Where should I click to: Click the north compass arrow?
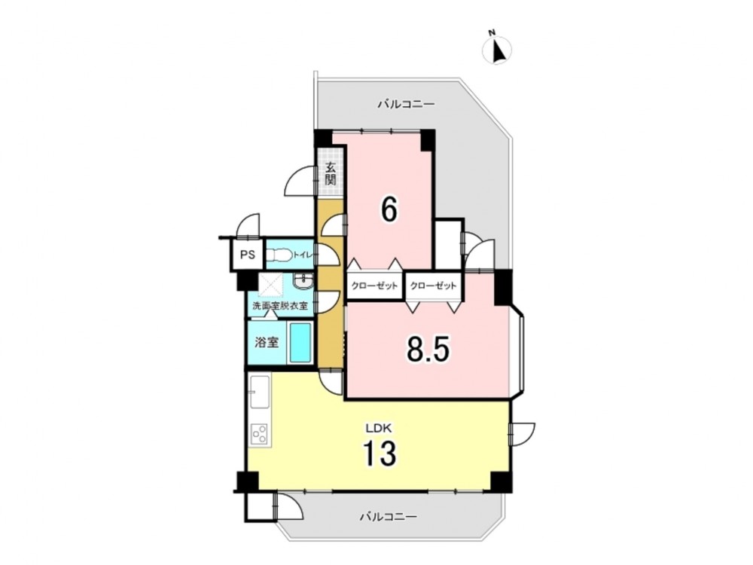click(x=498, y=49)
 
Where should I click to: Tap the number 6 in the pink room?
click(x=389, y=209)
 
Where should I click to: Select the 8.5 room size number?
click(x=428, y=349)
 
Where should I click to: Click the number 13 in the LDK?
click(x=380, y=453)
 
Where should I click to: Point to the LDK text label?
click(x=380, y=428)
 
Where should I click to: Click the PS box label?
click(x=248, y=254)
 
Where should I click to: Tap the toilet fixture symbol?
click(x=279, y=254)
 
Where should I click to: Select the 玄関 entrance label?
click(x=330, y=174)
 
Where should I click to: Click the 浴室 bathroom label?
click(x=267, y=343)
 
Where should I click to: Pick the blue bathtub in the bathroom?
click(x=300, y=343)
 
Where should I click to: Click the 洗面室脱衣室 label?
click(x=280, y=306)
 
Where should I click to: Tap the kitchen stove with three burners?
click(x=260, y=434)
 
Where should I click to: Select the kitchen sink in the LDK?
click(x=259, y=392)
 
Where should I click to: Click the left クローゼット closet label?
click(x=374, y=286)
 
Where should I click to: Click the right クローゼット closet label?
click(x=433, y=286)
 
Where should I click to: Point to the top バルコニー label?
click(x=406, y=104)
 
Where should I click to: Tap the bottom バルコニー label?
click(x=389, y=517)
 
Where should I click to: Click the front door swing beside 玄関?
click(x=301, y=181)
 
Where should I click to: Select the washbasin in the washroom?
click(x=303, y=280)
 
